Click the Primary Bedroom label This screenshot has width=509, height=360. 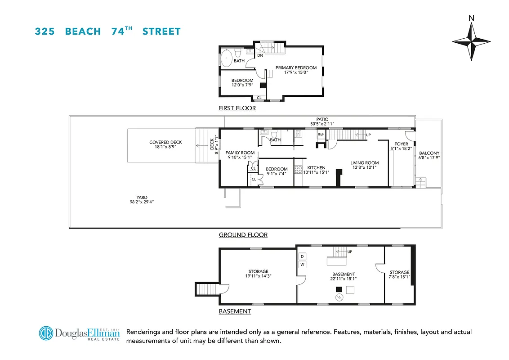coord(296,68)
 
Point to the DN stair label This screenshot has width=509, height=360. coord(260,56)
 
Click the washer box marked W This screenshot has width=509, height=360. coord(302,265)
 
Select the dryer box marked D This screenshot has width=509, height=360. coord(302,256)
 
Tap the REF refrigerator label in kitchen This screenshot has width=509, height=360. coord(321,134)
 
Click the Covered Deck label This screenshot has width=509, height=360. coord(165,143)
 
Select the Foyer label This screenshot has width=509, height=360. coord(401,144)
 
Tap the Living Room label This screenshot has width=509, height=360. coord(365,163)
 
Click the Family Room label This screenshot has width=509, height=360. coord(240,153)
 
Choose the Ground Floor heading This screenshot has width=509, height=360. coord(243,235)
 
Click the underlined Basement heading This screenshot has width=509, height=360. coord(235,311)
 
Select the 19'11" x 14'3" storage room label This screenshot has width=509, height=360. coord(258,274)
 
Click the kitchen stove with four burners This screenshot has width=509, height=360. coord(298,170)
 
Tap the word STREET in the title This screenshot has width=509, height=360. coord(161,31)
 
